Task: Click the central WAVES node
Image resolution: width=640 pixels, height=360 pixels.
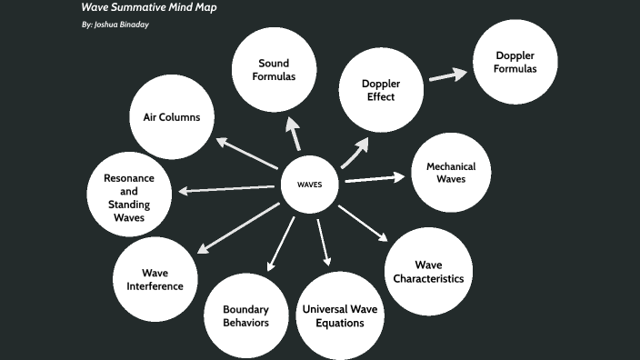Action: tap(309, 184)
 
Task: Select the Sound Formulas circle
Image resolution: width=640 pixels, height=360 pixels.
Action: tap(274, 69)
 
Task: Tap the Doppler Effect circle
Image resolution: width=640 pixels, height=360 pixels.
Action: tap(381, 90)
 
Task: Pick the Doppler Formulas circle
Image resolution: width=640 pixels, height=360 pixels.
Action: tap(515, 63)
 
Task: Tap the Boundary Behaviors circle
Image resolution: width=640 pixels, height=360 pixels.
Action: tap(245, 315)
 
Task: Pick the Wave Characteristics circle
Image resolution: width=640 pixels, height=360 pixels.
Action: tap(428, 271)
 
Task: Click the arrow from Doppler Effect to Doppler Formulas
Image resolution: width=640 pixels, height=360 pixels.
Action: tap(445, 75)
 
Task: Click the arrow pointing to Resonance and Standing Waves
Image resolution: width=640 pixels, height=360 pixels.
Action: tap(226, 188)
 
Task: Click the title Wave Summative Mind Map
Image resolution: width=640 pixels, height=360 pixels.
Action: tap(148, 7)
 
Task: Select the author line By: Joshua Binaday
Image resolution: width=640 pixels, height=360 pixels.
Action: tap(115, 25)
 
